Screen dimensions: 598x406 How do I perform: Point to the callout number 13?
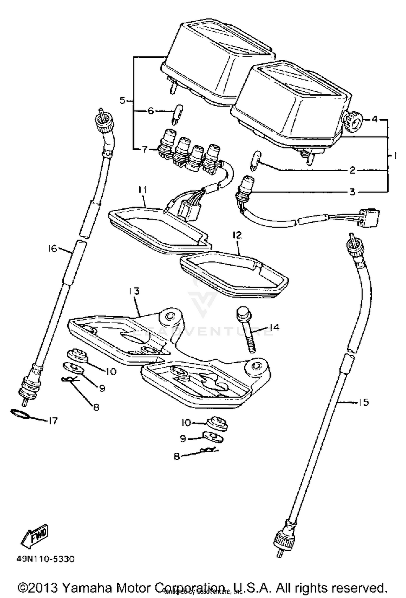(134, 291)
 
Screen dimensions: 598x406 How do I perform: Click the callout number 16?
(53, 248)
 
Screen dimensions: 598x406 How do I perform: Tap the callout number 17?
(53, 421)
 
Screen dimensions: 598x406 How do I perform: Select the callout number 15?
(364, 403)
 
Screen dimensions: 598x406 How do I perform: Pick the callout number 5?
(122, 101)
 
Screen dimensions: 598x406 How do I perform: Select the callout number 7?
(144, 150)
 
